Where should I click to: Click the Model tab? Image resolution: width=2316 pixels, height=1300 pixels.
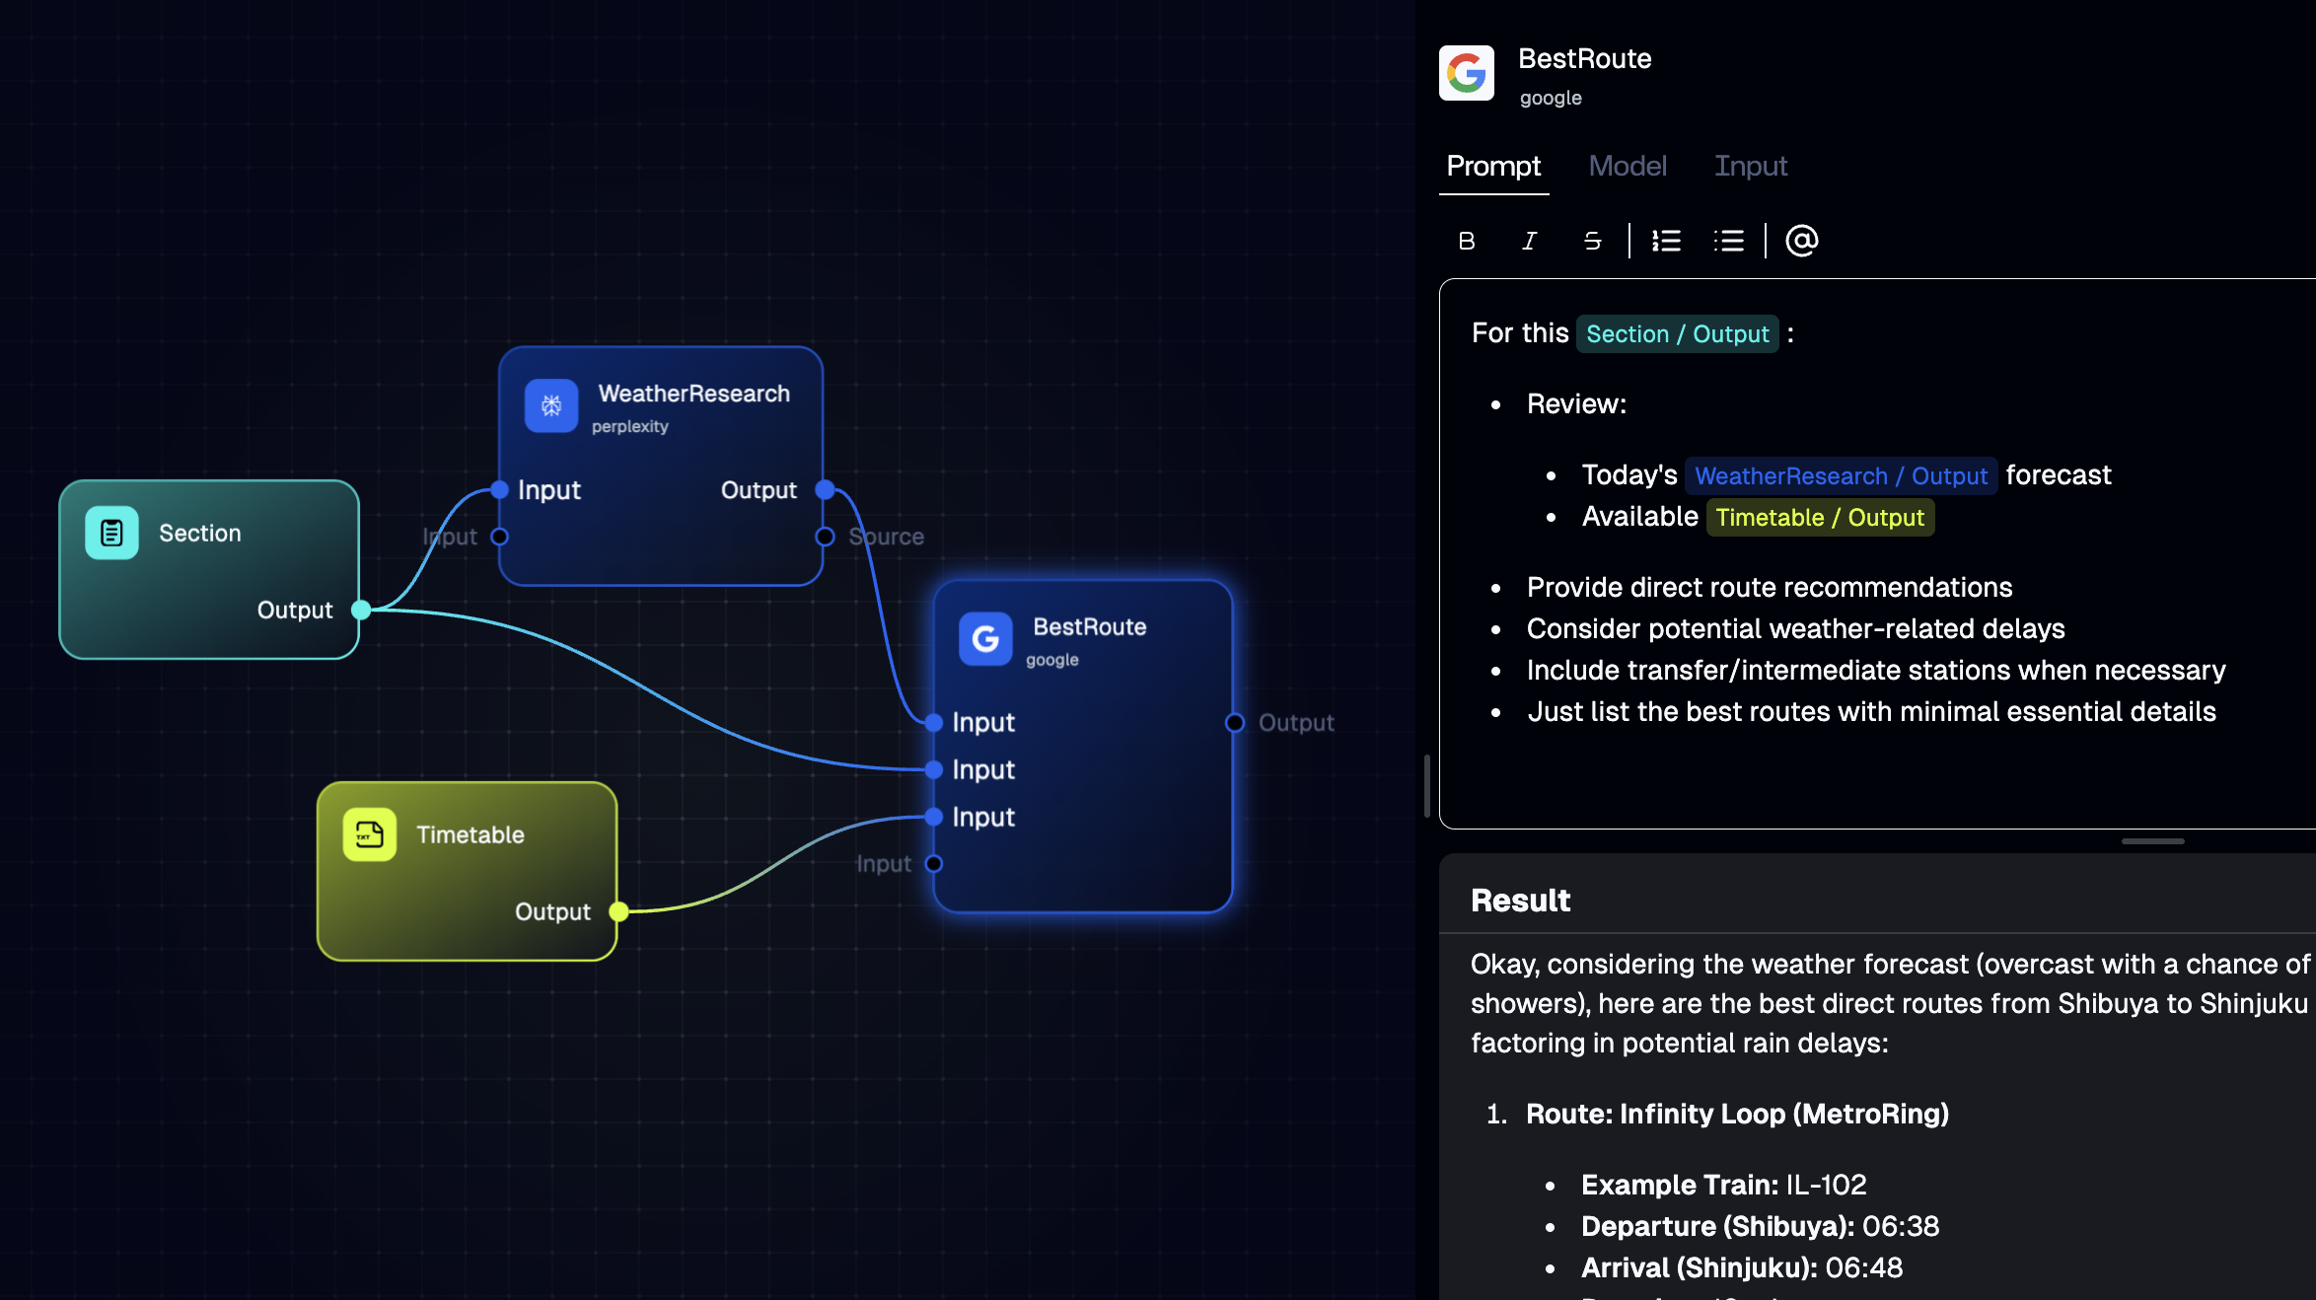click(x=1628, y=166)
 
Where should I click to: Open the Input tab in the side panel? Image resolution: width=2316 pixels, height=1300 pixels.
click(x=1751, y=166)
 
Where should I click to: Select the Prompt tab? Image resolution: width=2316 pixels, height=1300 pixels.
click(x=1493, y=166)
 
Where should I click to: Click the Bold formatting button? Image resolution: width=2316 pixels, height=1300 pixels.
click(x=1467, y=241)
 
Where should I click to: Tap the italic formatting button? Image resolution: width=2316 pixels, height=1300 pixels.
click(x=1530, y=241)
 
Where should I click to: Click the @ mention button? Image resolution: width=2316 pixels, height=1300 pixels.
click(x=1802, y=241)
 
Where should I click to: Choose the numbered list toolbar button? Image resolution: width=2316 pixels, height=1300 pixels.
click(x=1667, y=241)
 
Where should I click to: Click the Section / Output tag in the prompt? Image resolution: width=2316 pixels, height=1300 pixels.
click(x=1678, y=334)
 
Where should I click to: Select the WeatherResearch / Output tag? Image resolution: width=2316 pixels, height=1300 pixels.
click(x=1842, y=476)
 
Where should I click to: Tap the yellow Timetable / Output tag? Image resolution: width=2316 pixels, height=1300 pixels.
click(x=1821, y=518)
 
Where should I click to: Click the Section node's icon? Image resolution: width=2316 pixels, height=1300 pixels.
click(x=111, y=533)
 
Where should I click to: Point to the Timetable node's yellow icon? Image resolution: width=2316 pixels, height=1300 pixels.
click(x=370, y=834)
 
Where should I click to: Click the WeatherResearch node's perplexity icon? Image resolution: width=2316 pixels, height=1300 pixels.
click(x=551, y=405)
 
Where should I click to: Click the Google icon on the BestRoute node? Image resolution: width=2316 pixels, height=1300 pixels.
click(x=985, y=639)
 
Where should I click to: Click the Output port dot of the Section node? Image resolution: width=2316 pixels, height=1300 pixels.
click(x=361, y=610)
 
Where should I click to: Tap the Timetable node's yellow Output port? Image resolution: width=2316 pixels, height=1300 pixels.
click(x=618, y=911)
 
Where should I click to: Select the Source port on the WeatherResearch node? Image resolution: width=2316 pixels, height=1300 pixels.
click(x=826, y=537)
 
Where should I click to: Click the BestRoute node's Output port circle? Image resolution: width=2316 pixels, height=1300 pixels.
click(x=1234, y=723)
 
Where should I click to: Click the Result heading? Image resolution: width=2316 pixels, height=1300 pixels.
click(x=1521, y=901)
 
